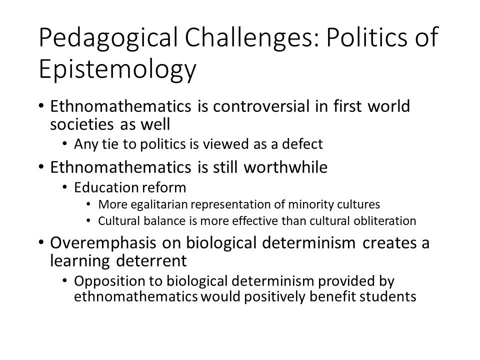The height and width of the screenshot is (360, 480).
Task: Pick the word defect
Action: point(302,144)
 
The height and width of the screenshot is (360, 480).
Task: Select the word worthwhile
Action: point(285,167)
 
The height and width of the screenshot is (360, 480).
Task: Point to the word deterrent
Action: point(151,261)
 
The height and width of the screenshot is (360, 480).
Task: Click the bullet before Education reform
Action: point(64,187)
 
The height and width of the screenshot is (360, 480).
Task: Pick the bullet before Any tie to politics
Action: point(64,144)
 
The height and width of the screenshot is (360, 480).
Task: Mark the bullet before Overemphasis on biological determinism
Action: point(41,243)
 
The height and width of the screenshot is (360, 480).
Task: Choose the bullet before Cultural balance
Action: point(88,220)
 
